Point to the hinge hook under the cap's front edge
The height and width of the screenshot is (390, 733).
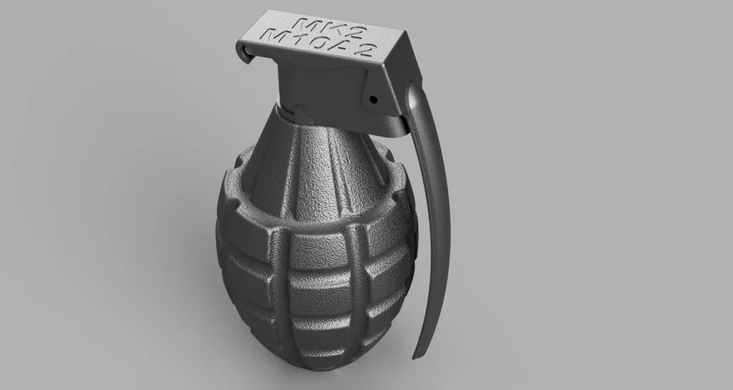coord(247,54)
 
